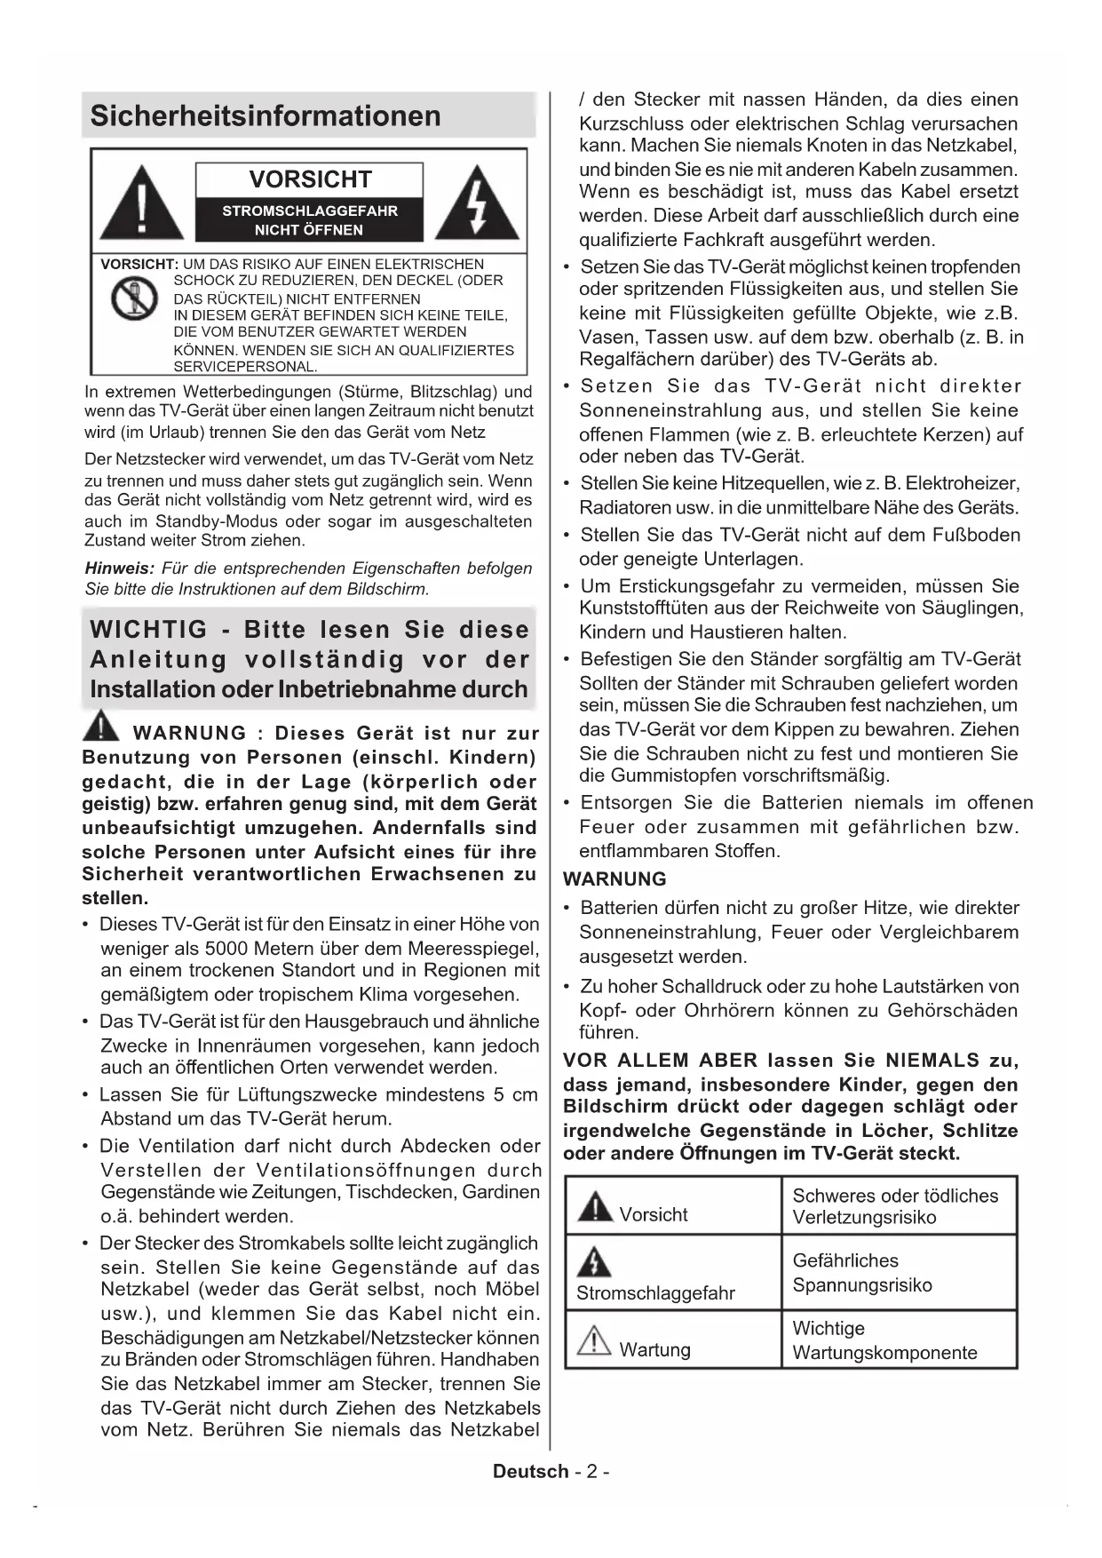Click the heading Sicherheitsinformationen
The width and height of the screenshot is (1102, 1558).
coord(266,115)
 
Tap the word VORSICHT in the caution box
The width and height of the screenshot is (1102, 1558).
coord(310,179)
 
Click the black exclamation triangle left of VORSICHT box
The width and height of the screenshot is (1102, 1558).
coord(141,204)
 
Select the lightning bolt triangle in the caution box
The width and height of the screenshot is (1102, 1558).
coord(478,204)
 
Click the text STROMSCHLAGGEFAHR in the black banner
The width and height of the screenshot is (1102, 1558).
coord(310,211)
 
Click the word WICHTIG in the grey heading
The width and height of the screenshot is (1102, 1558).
coord(148,630)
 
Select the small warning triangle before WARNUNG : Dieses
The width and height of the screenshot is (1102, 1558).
coord(101,726)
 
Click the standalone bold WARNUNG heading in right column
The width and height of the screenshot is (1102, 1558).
coord(614,879)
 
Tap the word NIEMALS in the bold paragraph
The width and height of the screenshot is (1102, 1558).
coord(932,1061)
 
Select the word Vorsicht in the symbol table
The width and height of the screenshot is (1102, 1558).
coord(654,1214)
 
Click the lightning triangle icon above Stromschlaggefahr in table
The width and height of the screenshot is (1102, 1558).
coord(594,1261)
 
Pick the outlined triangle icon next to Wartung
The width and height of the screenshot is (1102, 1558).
coord(594,1340)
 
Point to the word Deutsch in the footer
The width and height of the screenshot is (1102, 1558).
coord(531,1471)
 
